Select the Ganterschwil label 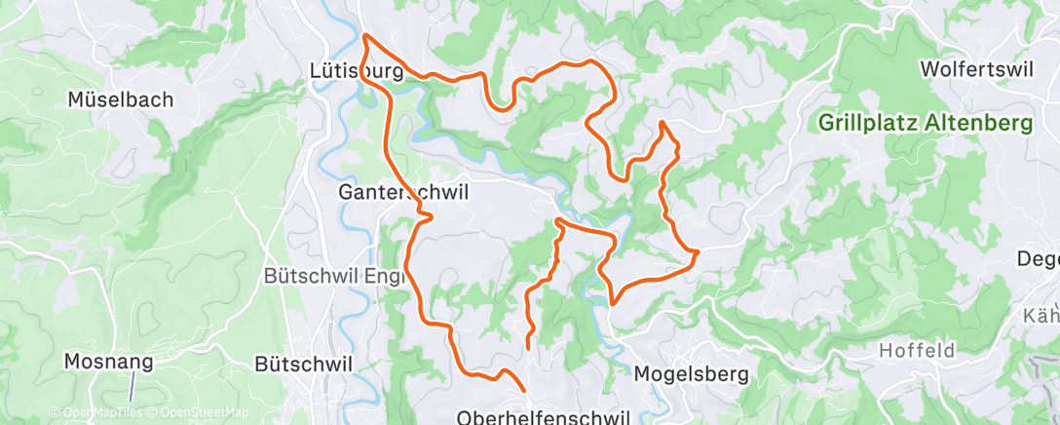click(x=402, y=192)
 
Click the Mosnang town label click(x=109, y=362)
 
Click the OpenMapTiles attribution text click(x=98, y=413)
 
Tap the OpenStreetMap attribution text click(x=207, y=413)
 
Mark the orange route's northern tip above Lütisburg click(x=366, y=36)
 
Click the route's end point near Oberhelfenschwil click(x=528, y=345)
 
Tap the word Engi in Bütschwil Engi click(x=362, y=276)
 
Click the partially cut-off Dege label click(x=1038, y=258)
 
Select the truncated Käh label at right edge click(x=1041, y=316)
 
